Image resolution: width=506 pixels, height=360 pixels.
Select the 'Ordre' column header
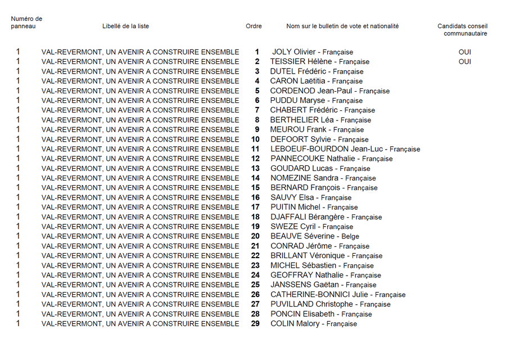tap(254, 26)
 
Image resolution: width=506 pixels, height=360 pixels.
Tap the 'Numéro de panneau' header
tap(26, 22)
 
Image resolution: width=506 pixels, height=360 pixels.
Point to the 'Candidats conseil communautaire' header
tap(462, 30)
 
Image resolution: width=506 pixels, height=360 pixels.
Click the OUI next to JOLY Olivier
tap(464, 52)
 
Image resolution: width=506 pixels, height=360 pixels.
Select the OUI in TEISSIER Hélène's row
tap(464, 62)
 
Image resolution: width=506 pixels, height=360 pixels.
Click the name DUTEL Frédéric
tap(298, 71)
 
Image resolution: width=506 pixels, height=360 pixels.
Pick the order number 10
tap(255, 139)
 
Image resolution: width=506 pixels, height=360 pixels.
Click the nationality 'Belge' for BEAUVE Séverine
tap(350, 236)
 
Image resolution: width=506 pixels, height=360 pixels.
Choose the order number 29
tap(255, 324)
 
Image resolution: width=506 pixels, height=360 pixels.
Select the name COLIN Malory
tap(295, 324)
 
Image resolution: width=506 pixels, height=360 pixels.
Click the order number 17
tap(255, 208)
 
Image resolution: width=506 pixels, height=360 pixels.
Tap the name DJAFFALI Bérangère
tap(307, 217)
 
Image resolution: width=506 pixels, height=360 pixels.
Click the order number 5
tap(257, 91)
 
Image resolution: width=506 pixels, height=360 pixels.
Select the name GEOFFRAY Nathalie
tap(307, 275)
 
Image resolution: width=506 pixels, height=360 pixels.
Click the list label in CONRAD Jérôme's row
tap(140, 246)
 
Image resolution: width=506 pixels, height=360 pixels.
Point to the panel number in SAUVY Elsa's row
tap(18, 197)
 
